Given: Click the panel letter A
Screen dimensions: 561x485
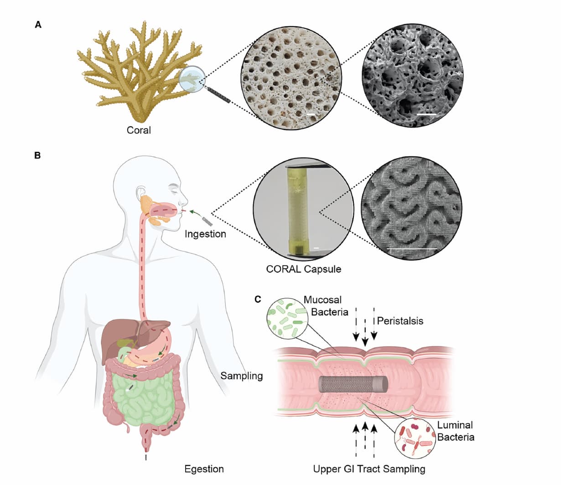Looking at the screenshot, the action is pos(38,25).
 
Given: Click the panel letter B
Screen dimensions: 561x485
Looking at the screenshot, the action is pos(37,155).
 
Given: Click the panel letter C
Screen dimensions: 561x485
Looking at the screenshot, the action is pos(258,299).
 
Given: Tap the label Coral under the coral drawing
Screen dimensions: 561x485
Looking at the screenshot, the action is pos(139,130).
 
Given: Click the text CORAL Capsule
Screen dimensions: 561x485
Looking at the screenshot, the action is pos(304,269).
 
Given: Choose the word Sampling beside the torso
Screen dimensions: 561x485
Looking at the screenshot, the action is pos(242,376).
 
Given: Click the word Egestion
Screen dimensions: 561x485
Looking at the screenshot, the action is pos(204,469).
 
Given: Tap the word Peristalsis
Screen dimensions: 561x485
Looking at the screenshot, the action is pos(400,321).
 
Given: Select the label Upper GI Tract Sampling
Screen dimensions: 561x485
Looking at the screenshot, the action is pos(369,469).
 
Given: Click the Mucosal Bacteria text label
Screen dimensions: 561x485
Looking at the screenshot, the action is pos(326,306).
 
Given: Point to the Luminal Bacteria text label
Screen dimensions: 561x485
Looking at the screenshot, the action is pos(456,431).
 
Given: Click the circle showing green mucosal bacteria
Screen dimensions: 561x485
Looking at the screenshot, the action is pos(288,318).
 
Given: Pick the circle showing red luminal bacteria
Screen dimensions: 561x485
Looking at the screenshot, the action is pos(415,438).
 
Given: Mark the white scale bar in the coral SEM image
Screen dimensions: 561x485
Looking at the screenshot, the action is pos(426,114).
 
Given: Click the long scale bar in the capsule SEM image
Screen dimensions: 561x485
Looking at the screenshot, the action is pos(412,248).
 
